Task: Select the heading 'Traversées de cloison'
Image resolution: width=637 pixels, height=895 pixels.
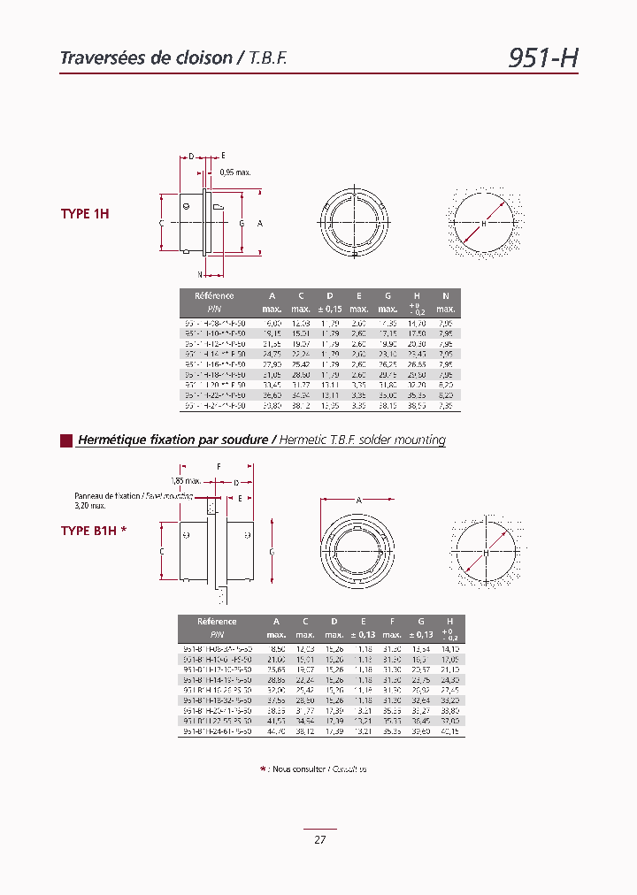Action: click(145, 58)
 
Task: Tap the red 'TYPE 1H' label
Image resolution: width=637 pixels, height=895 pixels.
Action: click(85, 214)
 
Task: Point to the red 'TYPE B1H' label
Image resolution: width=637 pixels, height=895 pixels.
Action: click(94, 531)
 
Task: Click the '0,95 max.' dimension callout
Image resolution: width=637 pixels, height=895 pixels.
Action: click(235, 172)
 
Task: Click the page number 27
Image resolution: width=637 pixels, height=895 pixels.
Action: click(319, 839)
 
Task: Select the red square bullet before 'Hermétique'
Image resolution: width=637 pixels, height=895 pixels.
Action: click(65, 440)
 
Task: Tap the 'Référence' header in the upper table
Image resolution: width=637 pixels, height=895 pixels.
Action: click(214, 296)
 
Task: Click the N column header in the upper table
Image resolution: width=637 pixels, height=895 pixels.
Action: click(446, 296)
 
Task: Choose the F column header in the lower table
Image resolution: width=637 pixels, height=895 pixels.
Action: click(392, 622)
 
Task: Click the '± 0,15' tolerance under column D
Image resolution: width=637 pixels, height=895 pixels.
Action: click(329, 309)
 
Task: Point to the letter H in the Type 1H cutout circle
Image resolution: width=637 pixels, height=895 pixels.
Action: click(484, 224)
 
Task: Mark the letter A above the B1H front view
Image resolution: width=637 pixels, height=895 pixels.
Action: click(358, 500)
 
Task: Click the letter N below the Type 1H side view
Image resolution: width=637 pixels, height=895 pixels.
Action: click(188, 274)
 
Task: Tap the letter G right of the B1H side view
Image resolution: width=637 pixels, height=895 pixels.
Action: click(271, 552)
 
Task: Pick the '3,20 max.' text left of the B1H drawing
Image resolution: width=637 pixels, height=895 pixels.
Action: click(90, 506)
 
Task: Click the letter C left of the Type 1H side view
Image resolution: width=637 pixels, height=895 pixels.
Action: click(162, 224)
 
